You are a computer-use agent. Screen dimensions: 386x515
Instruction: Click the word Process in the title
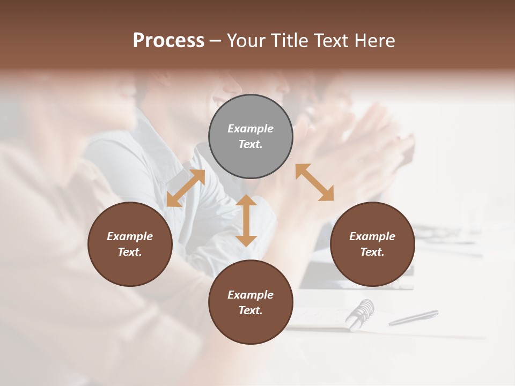[168, 41]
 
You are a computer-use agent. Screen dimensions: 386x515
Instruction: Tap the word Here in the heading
[374, 41]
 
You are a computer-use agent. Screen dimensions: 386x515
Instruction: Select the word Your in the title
[246, 41]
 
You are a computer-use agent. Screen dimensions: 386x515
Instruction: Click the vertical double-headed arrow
[246, 220]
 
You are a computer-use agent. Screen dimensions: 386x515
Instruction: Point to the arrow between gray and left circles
[186, 188]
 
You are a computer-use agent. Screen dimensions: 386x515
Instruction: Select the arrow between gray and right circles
[314, 182]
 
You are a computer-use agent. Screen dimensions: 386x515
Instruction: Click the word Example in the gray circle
[251, 129]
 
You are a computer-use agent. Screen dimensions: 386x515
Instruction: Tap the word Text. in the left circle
[130, 252]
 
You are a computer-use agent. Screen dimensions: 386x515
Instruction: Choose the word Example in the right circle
[372, 236]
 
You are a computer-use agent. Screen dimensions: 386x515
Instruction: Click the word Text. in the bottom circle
[251, 310]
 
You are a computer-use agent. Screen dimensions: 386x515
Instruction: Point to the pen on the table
[413, 317]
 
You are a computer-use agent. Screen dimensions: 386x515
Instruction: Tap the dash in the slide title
[215, 41]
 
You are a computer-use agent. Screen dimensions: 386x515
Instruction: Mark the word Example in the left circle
[130, 236]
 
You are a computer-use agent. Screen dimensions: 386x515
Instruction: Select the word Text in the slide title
[332, 41]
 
